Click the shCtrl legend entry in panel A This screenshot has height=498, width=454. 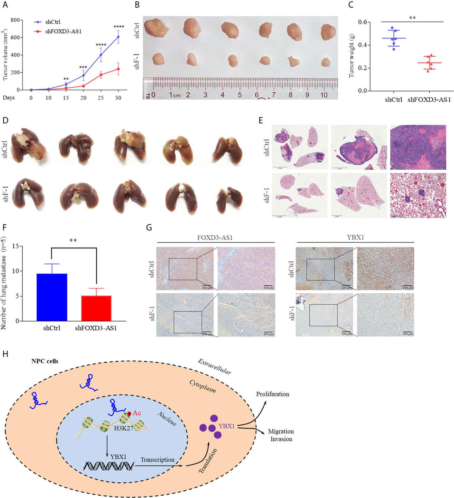[52, 22]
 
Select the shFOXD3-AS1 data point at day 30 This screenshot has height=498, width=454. [118, 69]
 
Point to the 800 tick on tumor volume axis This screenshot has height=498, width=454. [15, 20]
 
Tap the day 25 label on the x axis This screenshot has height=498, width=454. [101, 98]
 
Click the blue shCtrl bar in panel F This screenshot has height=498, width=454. [52, 297]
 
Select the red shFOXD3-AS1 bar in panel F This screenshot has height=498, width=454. [96, 308]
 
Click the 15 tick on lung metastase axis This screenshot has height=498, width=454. [15, 246]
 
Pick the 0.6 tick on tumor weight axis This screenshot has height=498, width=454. [362, 22]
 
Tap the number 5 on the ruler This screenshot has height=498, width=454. [240, 95]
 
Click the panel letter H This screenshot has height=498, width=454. [5, 354]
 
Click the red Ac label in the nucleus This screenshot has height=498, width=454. [137, 413]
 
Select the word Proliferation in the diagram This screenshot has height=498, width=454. [272, 394]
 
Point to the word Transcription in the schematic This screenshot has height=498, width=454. [157, 459]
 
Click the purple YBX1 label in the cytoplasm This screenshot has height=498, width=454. [227, 426]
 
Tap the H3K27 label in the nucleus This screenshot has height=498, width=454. [124, 428]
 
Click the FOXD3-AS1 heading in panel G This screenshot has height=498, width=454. [215, 238]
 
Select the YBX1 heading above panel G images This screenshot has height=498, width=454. [355, 238]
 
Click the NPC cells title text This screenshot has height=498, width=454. [45, 361]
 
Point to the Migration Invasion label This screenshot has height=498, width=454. [281, 435]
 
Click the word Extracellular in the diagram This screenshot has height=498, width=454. [214, 367]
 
